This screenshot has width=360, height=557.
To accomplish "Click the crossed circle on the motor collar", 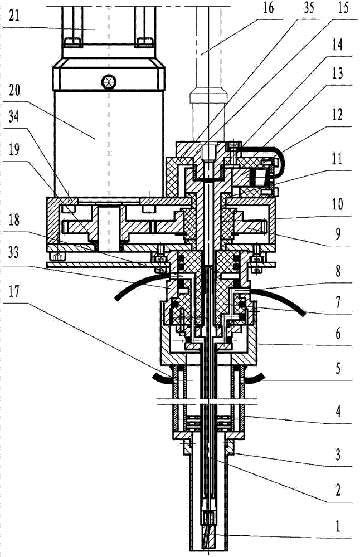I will coord(108,82).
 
